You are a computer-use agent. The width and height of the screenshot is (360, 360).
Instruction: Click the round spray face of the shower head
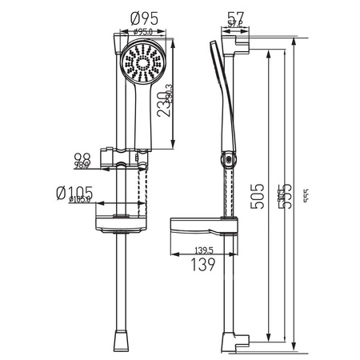(142, 64)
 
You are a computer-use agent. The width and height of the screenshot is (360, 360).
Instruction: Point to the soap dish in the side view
(202, 226)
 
